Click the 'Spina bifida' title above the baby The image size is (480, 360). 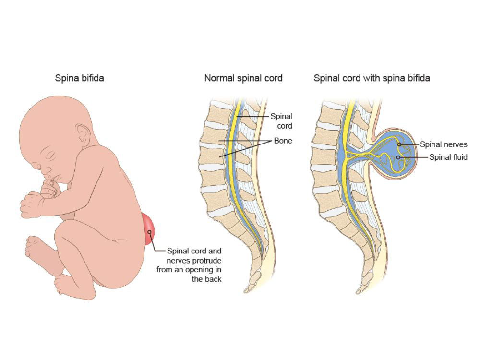79,78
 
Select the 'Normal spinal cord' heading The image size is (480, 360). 243,78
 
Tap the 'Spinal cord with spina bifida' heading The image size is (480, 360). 372,78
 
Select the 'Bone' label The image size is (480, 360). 283,141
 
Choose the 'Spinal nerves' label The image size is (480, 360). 444,144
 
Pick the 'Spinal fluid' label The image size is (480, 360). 448,157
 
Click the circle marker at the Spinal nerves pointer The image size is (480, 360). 399,144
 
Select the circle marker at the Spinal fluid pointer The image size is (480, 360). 398,157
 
